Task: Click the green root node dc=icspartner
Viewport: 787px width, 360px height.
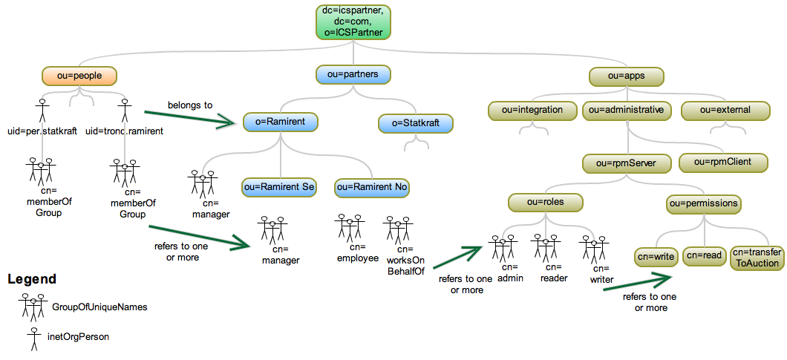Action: [353, 22]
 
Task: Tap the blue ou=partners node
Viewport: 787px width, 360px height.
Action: [353, 74]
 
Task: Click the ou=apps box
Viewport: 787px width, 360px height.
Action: [626, 76]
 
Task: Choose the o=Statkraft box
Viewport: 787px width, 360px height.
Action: [416, 122]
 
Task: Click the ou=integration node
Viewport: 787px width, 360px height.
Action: [532, 111]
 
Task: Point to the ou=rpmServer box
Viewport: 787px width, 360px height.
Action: [630, 163]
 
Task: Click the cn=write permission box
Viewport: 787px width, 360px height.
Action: [656, 257]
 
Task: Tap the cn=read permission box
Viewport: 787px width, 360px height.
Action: [704, 257]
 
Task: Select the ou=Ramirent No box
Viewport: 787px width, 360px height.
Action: [372, 187]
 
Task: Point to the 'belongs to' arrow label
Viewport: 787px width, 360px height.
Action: [189, 105]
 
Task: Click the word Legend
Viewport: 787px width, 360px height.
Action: [32, 280]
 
